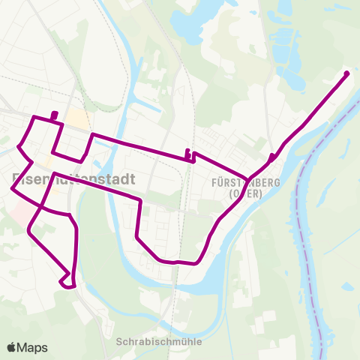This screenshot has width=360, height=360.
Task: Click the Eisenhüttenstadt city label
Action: coord(73,180)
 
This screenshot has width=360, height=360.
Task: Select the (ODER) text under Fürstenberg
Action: coord(235,193)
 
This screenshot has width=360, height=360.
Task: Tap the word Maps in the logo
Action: coord(33,347)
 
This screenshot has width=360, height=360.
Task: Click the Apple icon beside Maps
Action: coord(12,347)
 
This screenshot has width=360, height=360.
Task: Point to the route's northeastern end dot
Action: coord(346,73)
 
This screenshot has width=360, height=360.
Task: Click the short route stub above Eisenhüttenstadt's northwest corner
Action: coord(54,115)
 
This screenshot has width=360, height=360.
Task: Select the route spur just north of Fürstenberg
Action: coord(270,156)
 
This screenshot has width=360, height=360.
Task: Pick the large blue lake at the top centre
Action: coord(196,26)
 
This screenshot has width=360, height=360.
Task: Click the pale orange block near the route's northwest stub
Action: coord(76,118)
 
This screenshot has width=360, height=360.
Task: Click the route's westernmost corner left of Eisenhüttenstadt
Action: coord(13,189)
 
